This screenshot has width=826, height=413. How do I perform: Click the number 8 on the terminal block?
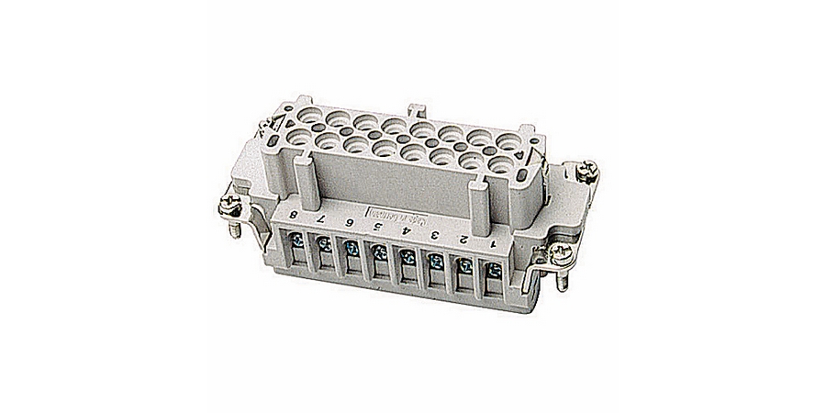[x=292, y=217]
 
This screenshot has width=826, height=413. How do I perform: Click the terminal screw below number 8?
[x=300, y=243]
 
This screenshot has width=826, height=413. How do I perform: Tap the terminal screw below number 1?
[x=495, y=271]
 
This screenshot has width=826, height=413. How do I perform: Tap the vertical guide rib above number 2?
[x=478, y=198]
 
